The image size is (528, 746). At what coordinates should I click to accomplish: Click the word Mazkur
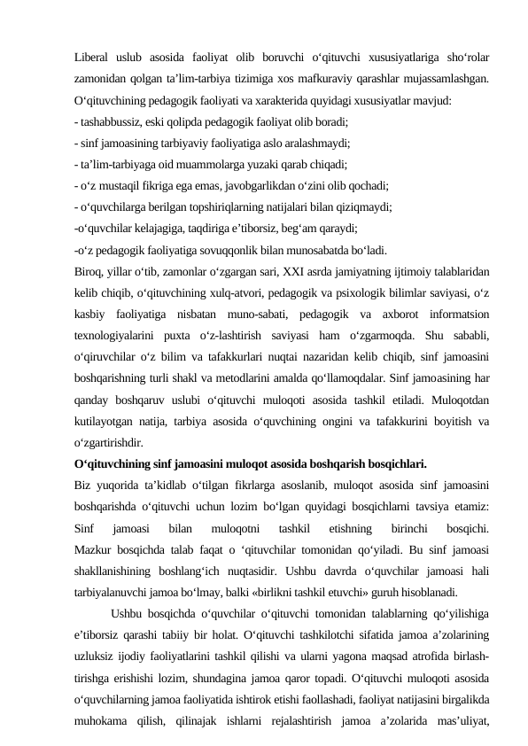tap(94, 548)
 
